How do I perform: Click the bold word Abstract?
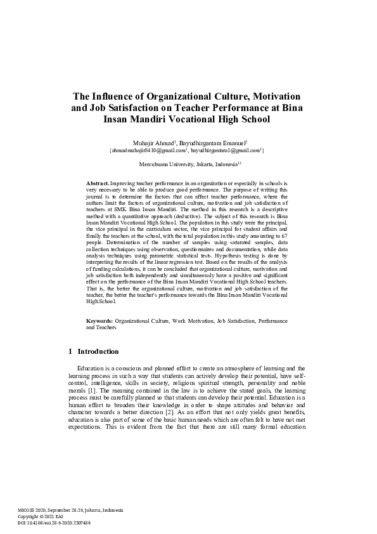98,183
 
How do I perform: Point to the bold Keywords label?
99,322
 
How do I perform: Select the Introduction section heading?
98,351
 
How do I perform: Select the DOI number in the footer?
60,523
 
